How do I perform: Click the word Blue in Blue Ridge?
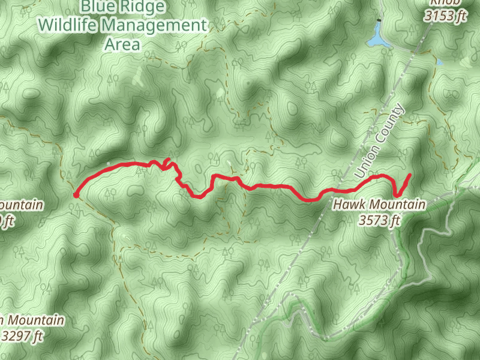click(x=98, y=7)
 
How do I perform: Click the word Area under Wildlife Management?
click(x=122, y=44)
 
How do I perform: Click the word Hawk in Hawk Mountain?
click(x=348, y=205)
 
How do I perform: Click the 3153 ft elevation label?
click(x=445, y=16)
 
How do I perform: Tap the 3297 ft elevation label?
click(x=23, y=336)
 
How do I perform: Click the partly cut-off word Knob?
click(x=446, y=2)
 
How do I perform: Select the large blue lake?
click(x=376, y=39)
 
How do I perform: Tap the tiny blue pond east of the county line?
click(x=440, y=62)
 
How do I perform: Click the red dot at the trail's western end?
click(x=76, y=194)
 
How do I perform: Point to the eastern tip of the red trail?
click(x=410, y=175)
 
